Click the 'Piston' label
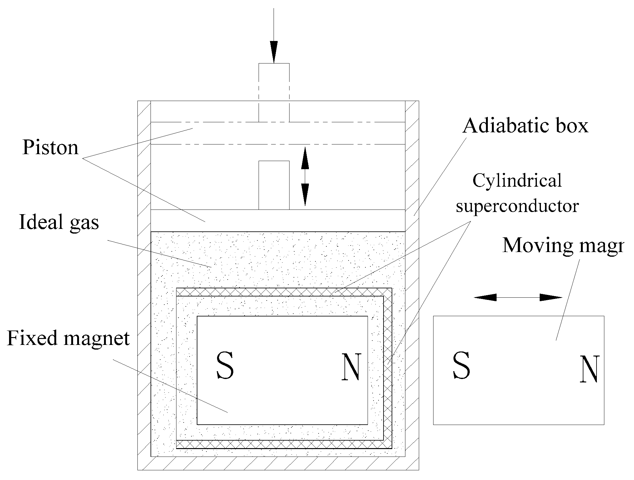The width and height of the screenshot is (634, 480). (50, 148)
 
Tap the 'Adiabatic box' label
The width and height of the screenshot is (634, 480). (525, 126)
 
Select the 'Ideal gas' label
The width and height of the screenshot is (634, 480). (59, 222)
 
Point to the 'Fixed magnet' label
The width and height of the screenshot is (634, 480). (68, 338)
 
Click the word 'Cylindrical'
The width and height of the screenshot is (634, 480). (517, 181)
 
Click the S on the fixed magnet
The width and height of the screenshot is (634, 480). (225, 366)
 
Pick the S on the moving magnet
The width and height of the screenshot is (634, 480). (461, 365)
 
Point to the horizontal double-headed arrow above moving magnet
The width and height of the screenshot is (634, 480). (518, 297)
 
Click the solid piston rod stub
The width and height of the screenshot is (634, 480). (274, 185)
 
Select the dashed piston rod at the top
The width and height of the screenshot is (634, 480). (274, 92)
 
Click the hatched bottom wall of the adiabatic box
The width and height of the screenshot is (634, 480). (278, 463)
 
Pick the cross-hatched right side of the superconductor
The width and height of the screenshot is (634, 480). (388, 369)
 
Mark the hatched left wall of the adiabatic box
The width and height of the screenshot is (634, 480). (144, 281)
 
